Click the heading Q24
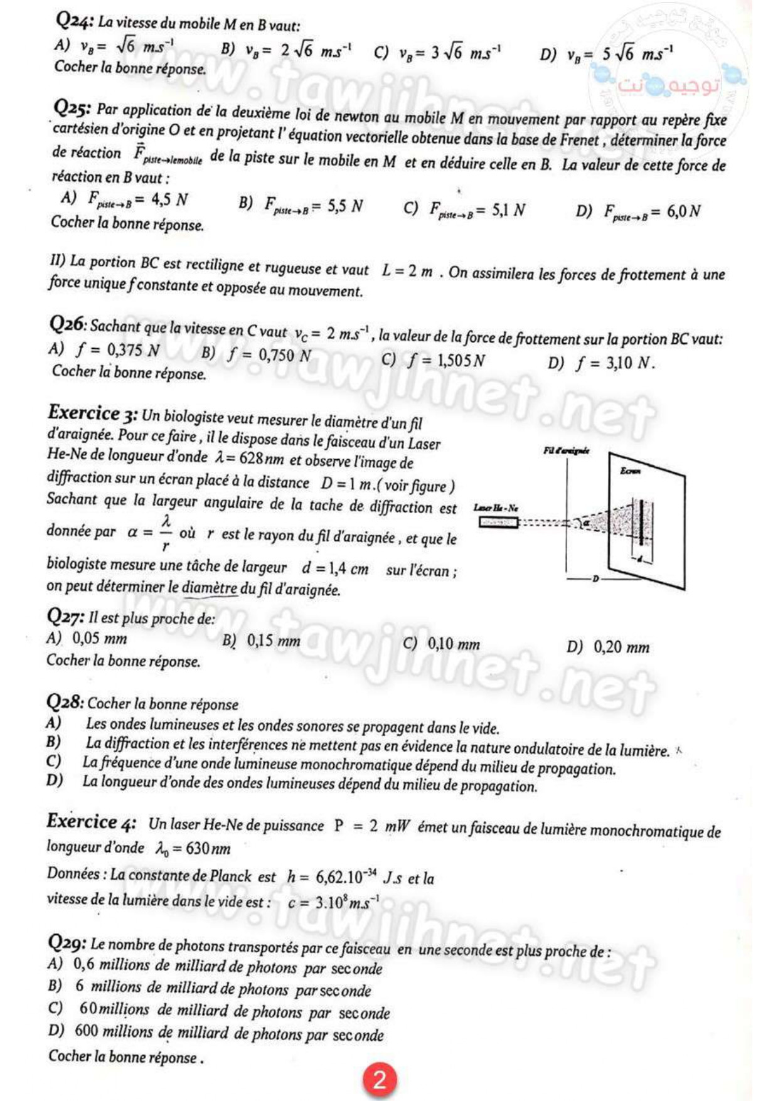click(x=75, y=21)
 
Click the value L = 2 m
click(x=407, y=271)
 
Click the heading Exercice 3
click(x=92, y=413)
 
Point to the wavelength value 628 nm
click(x=262, y=459)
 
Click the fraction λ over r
click(x=166, y=533)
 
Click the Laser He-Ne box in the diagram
click(x=498, y=522)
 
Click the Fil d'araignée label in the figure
click(x=566, y=450)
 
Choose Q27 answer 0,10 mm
click(x=442, y=644)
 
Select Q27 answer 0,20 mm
click(x=608, y=647)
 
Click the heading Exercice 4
click(x=91, y=821)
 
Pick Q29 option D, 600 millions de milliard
click(x=216, y=1033)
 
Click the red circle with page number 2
click(x=379, y=1080)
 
